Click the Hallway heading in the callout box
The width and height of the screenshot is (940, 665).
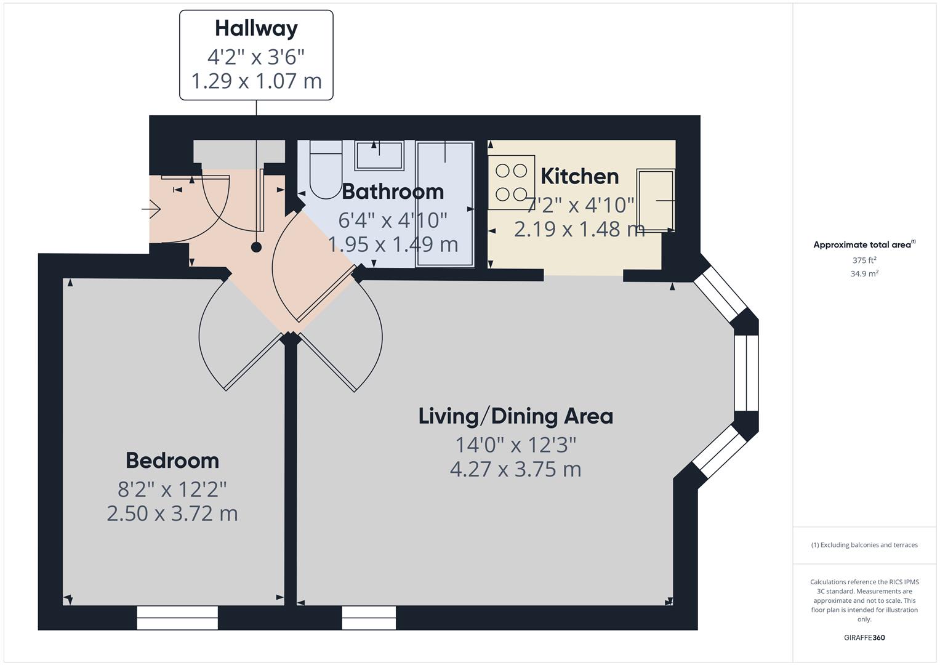(256, 28)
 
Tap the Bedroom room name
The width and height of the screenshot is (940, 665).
(172, 461)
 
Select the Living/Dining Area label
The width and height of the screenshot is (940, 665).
(516, 416)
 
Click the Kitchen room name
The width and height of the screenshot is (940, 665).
(579, 177)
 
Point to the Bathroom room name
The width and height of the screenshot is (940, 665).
(393, 191)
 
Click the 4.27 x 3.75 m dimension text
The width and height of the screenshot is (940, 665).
(516, 469)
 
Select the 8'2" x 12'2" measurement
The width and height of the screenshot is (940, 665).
(172, 490)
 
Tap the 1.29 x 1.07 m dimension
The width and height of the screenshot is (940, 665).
(256, 81)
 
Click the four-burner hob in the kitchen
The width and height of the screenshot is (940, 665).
(511, 182)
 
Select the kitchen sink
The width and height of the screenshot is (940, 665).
(655, 200)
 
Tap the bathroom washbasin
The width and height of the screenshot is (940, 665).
(379, 155)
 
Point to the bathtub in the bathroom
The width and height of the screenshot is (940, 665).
(445, 203)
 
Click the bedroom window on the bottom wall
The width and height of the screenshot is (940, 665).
(177, 618)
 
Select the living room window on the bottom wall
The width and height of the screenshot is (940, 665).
(369, 618)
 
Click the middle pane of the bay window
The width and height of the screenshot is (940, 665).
(746, 373)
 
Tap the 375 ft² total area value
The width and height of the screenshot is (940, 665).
(864, 260)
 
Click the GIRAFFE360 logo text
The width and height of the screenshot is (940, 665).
(864, 637)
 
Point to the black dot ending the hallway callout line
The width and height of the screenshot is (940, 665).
(256, 247)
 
